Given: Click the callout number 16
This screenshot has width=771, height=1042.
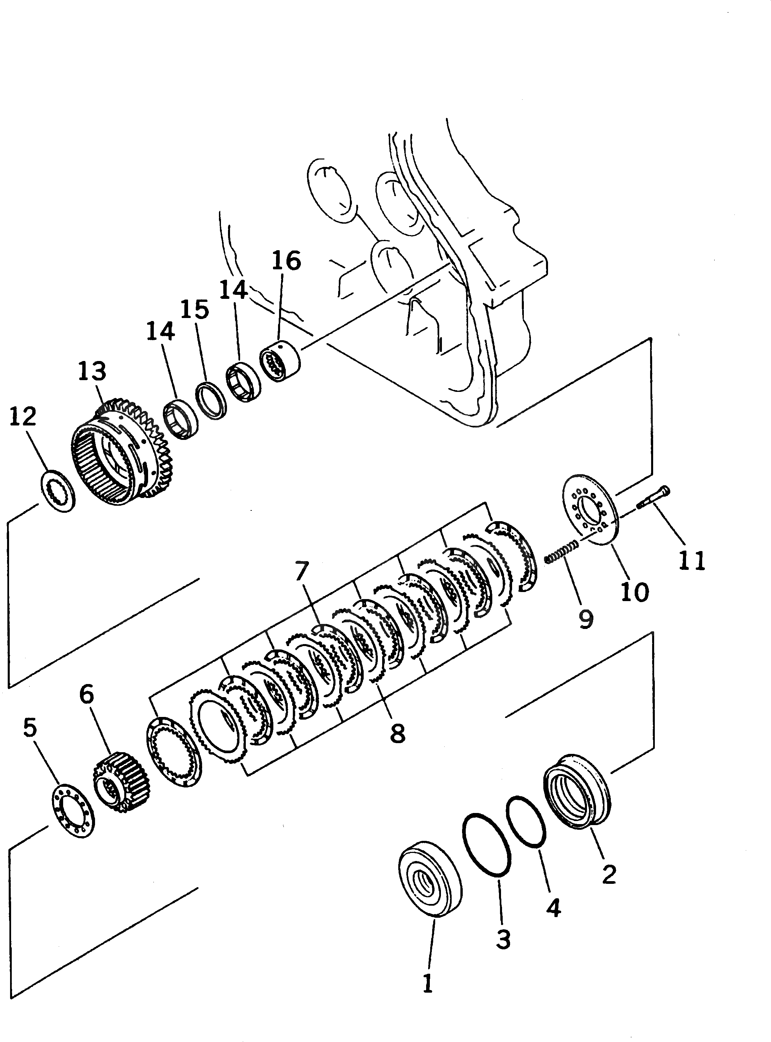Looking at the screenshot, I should [x=286, y=261].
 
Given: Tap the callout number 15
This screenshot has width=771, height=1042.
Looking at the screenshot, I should [x=195, y=309].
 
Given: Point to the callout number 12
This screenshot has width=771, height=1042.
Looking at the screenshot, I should [x=23, y=417].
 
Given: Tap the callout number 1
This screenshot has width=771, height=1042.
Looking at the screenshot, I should [x=427, y=984].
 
